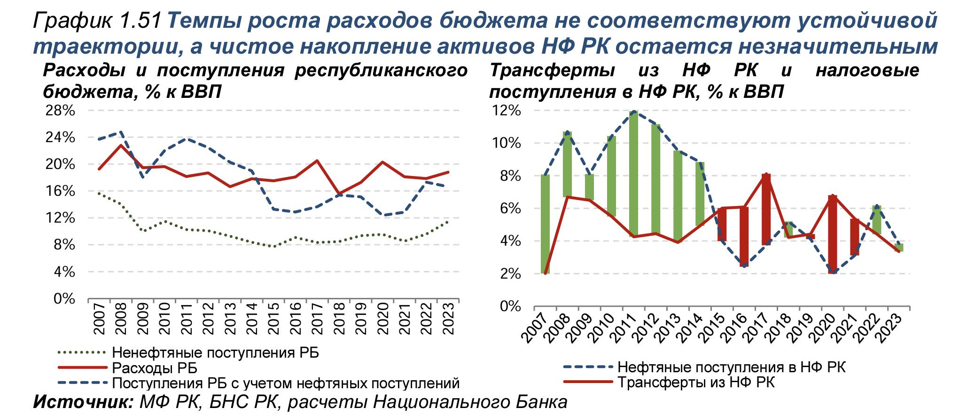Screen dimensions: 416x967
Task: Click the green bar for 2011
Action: click(634, 174)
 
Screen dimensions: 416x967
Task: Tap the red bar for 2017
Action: click(766, 209)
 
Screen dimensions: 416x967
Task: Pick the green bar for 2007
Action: click(545, 224)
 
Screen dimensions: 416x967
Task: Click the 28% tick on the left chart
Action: click(60, 111)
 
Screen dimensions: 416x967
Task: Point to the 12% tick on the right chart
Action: click(506, 111)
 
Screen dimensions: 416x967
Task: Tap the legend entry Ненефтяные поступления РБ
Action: click(215, 352)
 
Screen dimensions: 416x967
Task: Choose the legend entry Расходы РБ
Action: click(154, 368)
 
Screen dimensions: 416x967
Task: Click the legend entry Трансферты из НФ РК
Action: click(695, 382)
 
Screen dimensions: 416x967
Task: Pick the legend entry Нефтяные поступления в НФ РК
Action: click(731, 367)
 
